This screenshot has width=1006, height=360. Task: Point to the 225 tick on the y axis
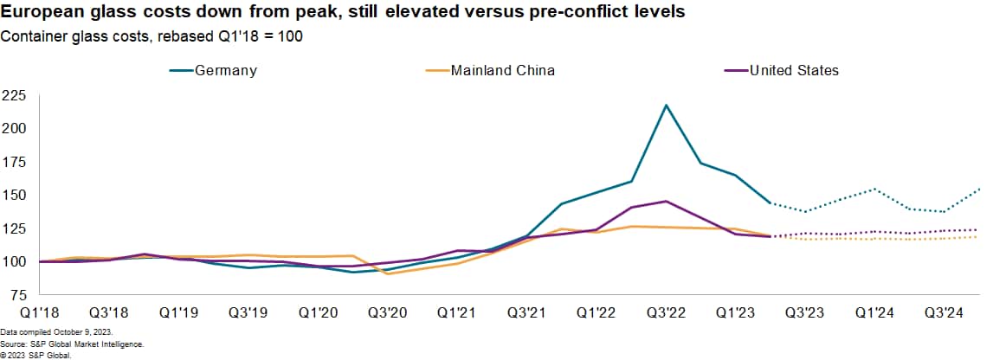pyautogui.click(x=15, y=95)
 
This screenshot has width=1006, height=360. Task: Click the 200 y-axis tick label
pyautogui.click(x=15, y=128)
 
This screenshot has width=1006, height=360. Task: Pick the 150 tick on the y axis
pyautogui.click(x=15, y=195)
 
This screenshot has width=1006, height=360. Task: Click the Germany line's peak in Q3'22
pyautogui.click(x=666, y=105)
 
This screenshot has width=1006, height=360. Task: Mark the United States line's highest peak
pyautogui.click(x=666, y=201)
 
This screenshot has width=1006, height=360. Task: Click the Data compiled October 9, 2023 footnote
pyautogui.click(x=56, y=332)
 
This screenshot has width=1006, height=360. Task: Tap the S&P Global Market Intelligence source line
pyautogui.click(x=71, y=344)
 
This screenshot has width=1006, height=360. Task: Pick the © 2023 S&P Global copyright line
pyautogui.click(x=35, y=355)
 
